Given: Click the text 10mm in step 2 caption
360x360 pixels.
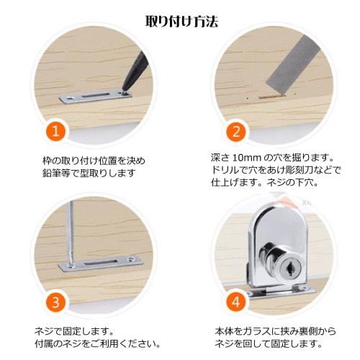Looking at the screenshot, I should point(243,158).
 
